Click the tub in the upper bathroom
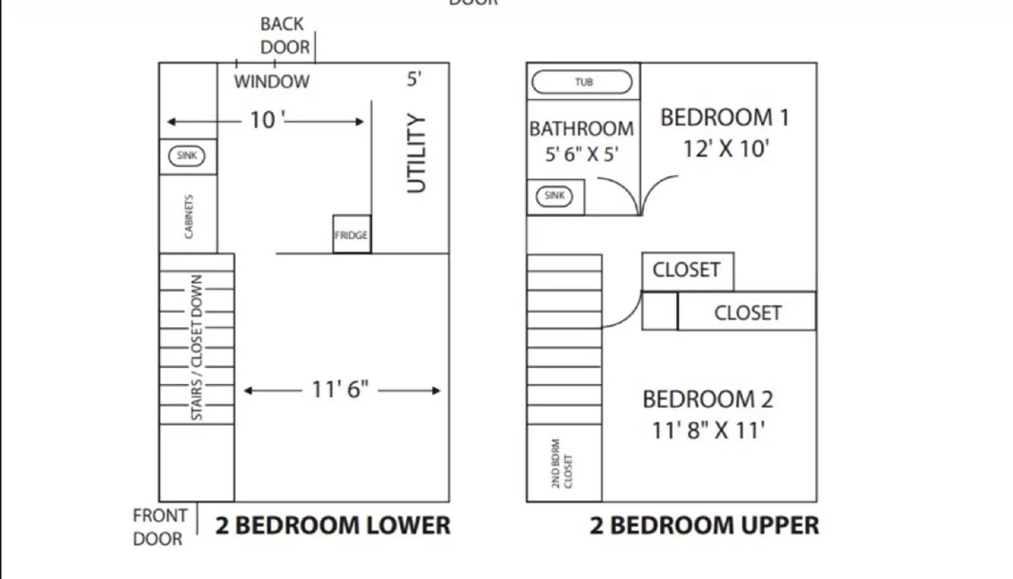tap(582, 82)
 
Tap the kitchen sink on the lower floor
tap(187, 156)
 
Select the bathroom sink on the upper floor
tap(554, 196)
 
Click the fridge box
tap(351, 234)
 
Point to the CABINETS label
tap(188, 217)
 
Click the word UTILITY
tap(416, 153)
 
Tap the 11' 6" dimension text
tap(340, 390)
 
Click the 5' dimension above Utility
tap(414, 79)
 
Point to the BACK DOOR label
tap(284, 35)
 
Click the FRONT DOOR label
tap(160, 527)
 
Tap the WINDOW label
tap(272, 82)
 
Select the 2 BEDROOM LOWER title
tap(333, 526)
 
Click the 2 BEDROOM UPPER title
tap(704, 526)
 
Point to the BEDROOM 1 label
tap(724, 118)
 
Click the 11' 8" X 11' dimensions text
tap(708, 431)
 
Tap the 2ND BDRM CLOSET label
tap(561, 464)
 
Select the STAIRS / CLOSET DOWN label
tap(197, 347)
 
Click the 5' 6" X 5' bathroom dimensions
tap(581, 154)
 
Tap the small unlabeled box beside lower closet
tap(660, 311)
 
